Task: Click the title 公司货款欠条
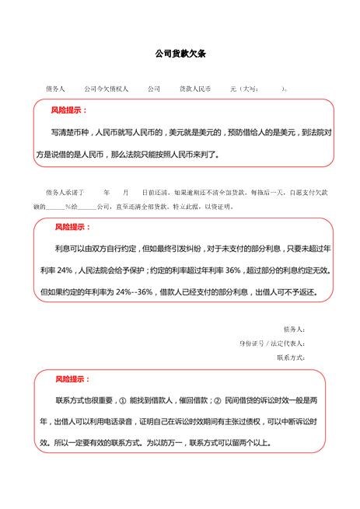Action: [x=180, y=54]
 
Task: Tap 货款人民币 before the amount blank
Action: [x=194, y=89]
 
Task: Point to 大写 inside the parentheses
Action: [x=250, y=89]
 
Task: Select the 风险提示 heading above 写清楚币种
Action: [x=68, y=110]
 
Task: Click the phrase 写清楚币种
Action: [x=70, y=133]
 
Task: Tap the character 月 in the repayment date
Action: [x=124, y=190]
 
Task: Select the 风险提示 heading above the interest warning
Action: [x=72, y=228]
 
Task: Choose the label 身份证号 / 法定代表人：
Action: [x=272, y=343]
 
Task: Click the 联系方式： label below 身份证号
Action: [x=291, y=357]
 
